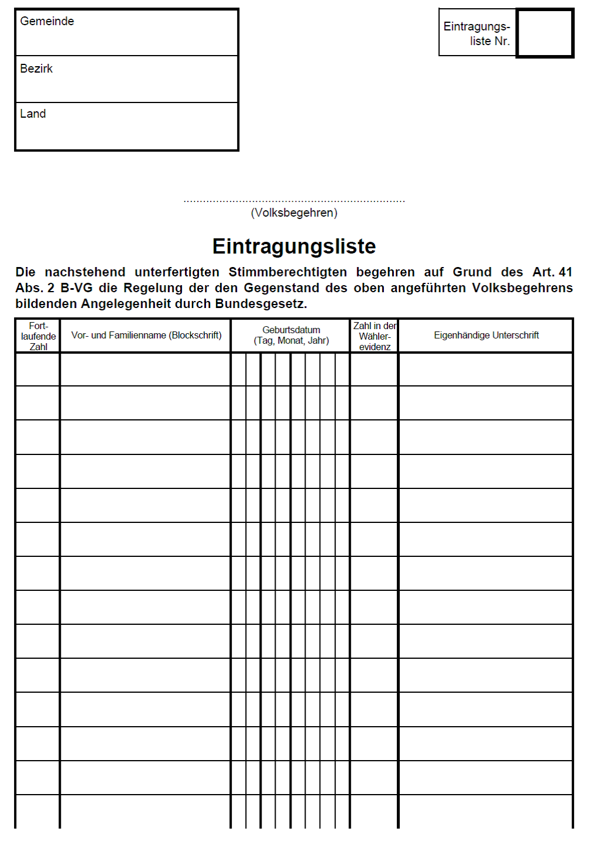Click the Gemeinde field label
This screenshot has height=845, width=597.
(x=47, y=21)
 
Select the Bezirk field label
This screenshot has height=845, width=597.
(x=36, y=69)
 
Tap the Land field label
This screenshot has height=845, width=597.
(x=33, y=114)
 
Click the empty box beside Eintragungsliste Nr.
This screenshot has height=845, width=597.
(x=545, y=33)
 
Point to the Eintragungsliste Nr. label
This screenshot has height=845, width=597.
(x=477, y=33)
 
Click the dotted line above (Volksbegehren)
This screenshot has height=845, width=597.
(x=294, y=201)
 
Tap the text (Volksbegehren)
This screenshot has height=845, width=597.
(x=294, y=213)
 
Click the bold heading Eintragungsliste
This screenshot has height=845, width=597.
(x=294, y=246)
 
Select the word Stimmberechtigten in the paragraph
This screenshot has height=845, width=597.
(x=287, y=272)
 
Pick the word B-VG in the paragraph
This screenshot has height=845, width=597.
(x=77, y=288)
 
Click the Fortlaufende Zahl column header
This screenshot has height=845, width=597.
(x=38, y=336)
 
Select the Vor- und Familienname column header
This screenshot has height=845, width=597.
(x=146, y=336)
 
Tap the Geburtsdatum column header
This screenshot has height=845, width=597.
(x=291, y=336)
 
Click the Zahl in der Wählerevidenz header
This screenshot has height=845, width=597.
(x=375, y=336)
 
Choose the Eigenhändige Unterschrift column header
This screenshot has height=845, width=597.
(x=486, y=336)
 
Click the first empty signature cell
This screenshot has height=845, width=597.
(x=486, y=370)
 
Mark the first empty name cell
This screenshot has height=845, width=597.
(x=146, y=370)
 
